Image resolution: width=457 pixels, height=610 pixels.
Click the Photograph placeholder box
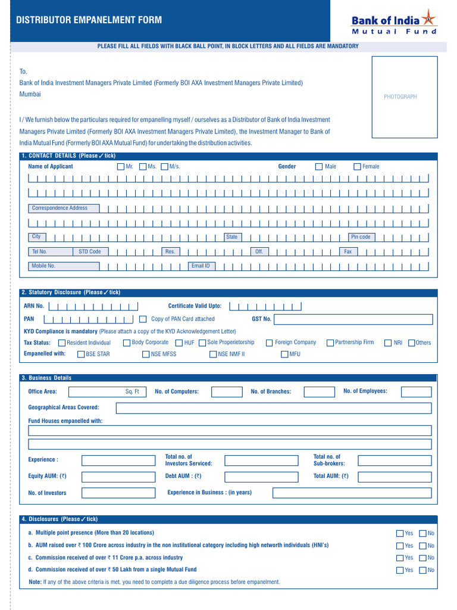[x=405, y=97]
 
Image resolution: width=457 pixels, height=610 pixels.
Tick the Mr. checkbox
[x=121, y=167]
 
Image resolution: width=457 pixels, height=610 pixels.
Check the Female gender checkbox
[x=357, y=167]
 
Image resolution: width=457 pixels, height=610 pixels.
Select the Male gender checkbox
[x=319, y=167]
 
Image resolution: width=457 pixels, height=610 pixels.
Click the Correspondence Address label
[x=64, y=208]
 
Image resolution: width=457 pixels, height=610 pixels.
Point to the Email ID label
[x=201, y=266]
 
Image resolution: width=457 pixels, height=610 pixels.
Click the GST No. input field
[x=353, y=319]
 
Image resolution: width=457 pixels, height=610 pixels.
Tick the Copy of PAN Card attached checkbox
[x=143, y=319]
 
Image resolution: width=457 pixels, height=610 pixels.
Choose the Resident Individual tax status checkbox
[x=62, y=343]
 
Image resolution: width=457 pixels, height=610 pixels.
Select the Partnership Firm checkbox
[x=330, y=343]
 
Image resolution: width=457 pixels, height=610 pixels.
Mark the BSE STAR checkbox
[x=81, y=354]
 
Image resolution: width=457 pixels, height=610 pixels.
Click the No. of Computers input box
[x=227, y=392]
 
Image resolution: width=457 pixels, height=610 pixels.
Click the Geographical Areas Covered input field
[x=273, y=408]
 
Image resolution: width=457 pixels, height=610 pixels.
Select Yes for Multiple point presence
[x=400, y=534]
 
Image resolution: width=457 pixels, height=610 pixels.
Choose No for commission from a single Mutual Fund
[x=422, y=571]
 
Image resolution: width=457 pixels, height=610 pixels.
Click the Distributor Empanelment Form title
[x=89, y=20]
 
